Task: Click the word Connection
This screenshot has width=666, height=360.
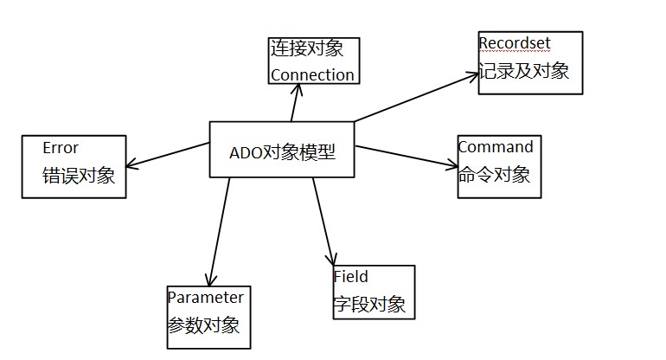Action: point(312,74)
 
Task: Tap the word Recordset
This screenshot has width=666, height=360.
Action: point(515,42)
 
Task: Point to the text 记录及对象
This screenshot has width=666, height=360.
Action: point(524,70)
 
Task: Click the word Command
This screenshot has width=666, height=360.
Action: point(496,147)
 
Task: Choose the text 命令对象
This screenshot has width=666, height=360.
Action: point(494,174)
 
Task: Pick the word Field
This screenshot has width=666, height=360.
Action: point(351,277)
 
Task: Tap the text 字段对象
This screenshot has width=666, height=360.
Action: point(369,304)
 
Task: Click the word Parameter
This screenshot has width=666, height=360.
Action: point(205,298)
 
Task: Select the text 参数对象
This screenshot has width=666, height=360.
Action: point(203,327)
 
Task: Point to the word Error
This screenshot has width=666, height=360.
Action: point(60,147)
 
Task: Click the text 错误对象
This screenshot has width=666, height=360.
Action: point(79,176)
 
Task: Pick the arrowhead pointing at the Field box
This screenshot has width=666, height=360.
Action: point(330,260)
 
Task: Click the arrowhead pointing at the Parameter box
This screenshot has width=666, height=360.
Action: point(208,280)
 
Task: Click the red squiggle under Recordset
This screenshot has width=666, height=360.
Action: point(515,50)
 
